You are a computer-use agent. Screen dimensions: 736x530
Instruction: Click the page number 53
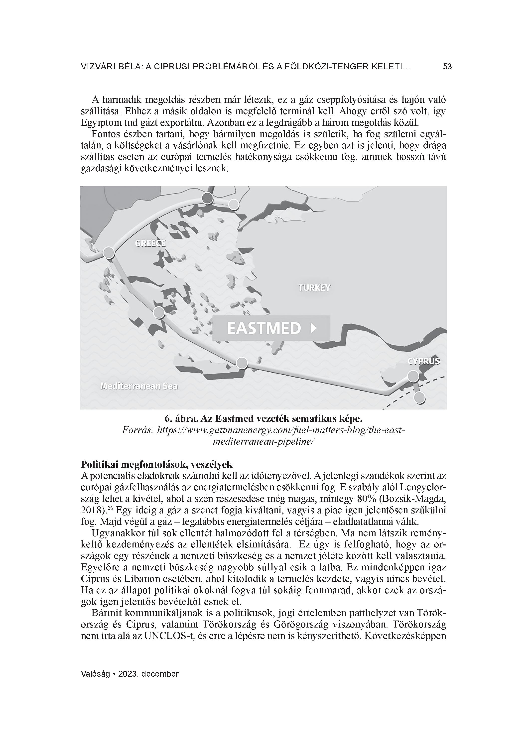(447, 67)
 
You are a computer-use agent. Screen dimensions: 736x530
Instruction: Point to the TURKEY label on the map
(314, 288)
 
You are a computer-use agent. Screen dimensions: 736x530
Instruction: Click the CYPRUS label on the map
(424, 361)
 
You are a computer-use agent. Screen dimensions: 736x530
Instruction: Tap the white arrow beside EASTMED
(313, 328)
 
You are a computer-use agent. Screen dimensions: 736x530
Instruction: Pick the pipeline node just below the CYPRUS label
(413, 376)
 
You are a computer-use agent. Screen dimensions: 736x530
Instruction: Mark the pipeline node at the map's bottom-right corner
(420, 398)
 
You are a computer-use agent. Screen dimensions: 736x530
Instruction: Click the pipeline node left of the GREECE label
(109, 252)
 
